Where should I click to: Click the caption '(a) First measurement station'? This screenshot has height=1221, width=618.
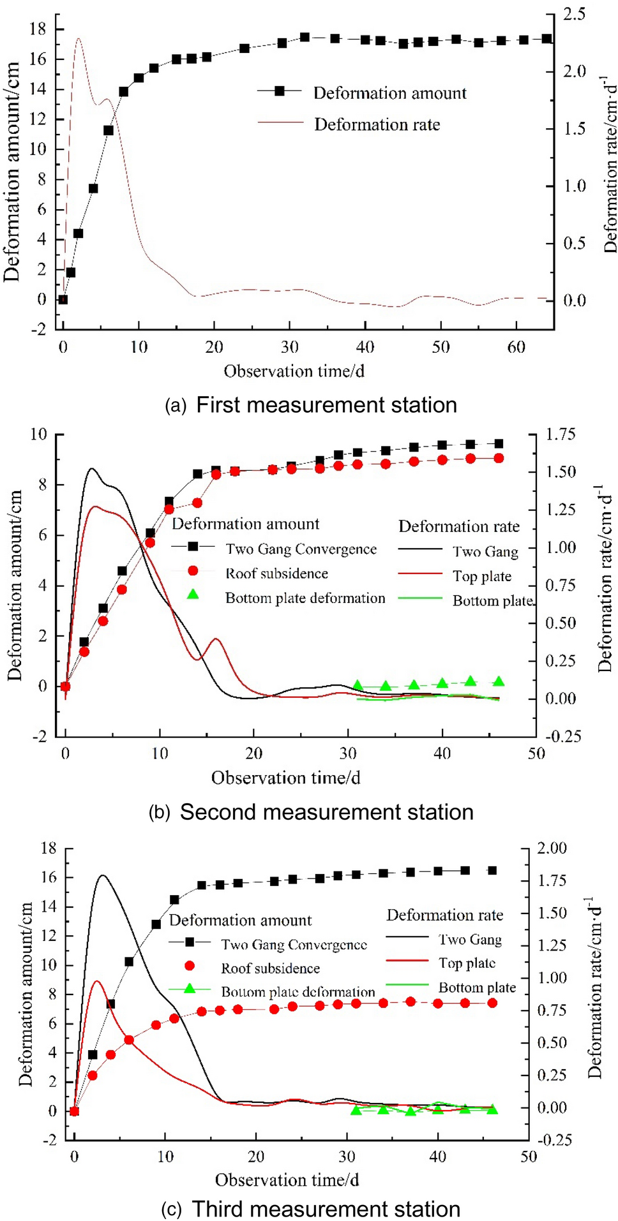point(311,405)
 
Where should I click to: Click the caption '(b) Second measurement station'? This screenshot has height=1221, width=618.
point(311,812)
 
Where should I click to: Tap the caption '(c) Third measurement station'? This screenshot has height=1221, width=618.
point(311,1209)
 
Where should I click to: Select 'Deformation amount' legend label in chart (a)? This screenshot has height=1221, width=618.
point(389,93)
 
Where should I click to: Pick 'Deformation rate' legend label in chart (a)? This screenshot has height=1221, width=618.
point(377,124)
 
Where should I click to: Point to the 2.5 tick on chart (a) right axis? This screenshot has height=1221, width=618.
point(574,14)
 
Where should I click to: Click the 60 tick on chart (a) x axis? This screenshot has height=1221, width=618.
point(516,347)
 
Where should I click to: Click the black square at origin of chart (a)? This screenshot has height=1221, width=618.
point(63,299)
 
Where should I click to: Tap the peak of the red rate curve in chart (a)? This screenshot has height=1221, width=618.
point(79,38)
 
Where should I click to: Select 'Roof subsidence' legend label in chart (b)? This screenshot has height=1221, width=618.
point(276,573)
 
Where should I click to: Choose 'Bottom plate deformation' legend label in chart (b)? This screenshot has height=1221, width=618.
point(305,598)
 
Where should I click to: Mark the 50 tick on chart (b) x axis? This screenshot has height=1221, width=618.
point(536,753)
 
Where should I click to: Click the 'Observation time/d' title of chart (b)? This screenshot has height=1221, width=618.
point(285,778)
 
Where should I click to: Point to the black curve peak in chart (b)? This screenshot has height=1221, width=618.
point(92,469)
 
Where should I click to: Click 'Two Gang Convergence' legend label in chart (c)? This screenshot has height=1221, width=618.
point(294,944)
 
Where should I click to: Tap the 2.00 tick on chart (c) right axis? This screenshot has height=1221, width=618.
point(552,848)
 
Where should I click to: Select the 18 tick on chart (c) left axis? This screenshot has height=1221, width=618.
point(49,848)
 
